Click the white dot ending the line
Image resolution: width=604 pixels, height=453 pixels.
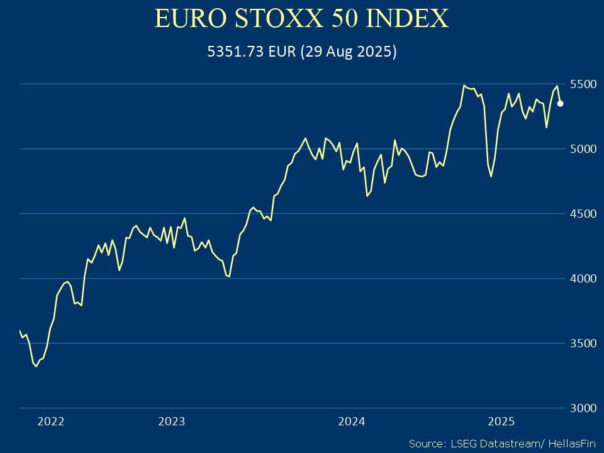(561, 104)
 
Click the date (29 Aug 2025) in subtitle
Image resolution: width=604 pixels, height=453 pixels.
(348, 52)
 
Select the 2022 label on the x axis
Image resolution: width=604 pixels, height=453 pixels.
(51, 422)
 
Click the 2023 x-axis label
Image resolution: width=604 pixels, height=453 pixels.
(172, 422)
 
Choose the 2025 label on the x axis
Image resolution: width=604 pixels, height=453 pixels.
(502, 422)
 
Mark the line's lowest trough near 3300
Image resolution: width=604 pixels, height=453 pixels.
(36, 366)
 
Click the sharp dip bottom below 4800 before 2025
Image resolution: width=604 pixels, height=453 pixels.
(491, 176)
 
